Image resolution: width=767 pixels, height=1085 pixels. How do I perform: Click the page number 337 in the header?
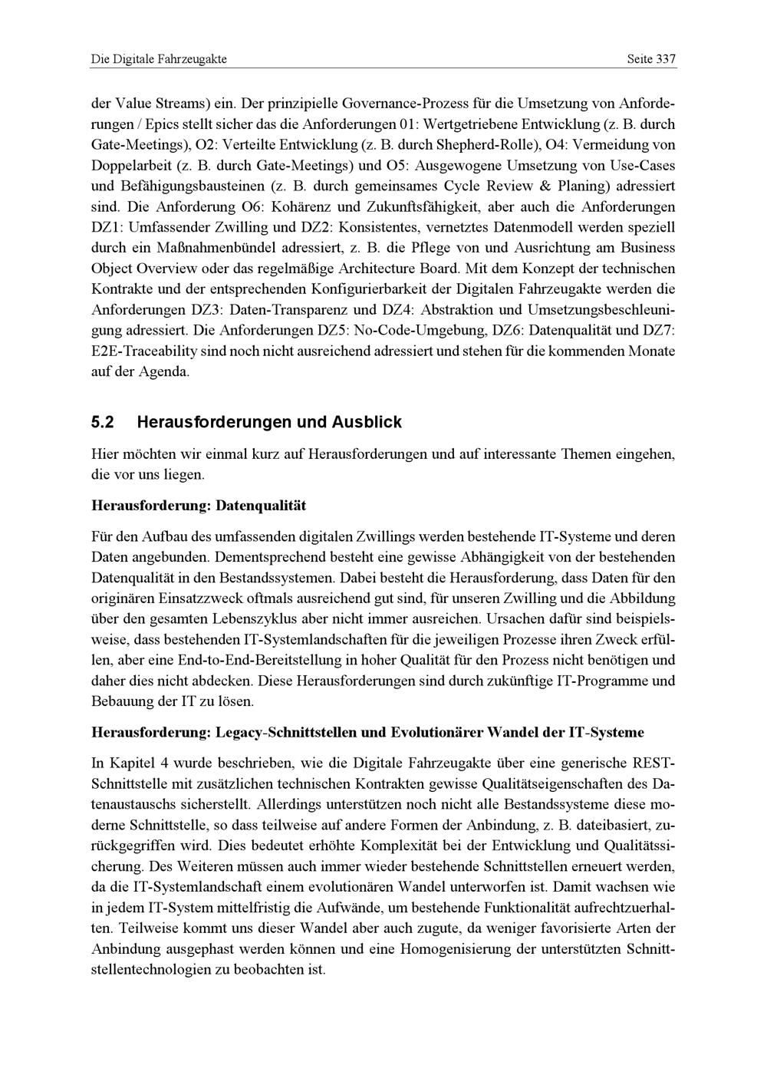pos(665,59)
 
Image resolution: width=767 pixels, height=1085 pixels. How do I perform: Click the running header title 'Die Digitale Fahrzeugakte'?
pos(159,59)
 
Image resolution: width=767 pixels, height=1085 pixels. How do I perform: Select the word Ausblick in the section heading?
pos(367,423)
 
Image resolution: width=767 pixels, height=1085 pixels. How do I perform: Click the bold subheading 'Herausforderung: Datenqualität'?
pos(198,506)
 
